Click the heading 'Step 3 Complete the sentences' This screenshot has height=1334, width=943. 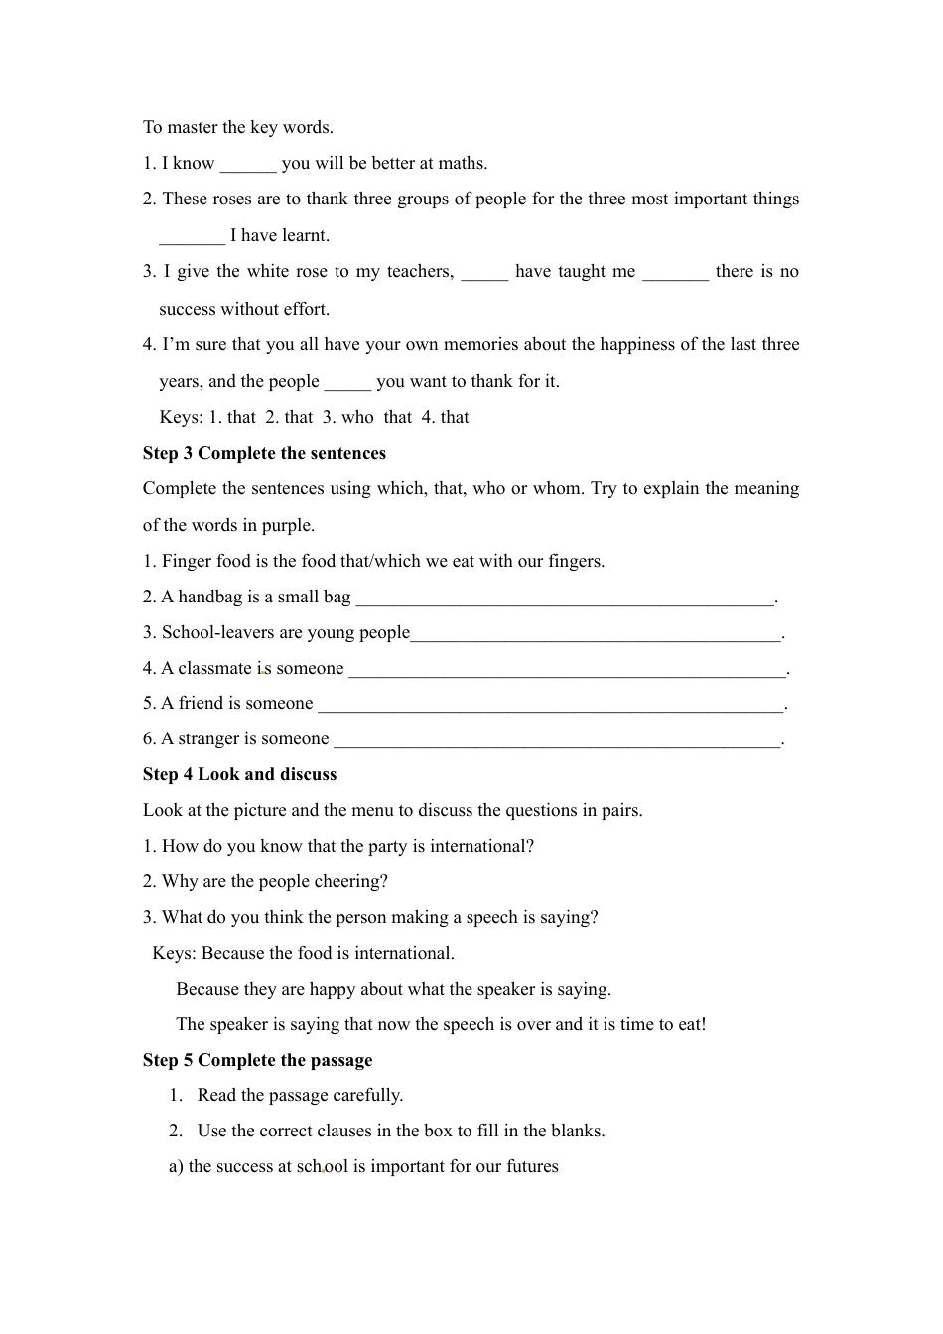[264, 453]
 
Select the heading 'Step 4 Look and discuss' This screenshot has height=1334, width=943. [239, 774]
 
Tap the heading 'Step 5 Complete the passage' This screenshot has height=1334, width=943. [257, 1060]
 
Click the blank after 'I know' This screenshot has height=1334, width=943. [248, 164]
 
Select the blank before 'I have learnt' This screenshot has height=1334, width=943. [192, 236]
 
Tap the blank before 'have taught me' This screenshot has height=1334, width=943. [484, 272]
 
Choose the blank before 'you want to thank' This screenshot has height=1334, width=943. [347, 382]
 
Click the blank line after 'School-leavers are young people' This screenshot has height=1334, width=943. [596, 633]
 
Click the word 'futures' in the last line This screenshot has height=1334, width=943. [531, 1166]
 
